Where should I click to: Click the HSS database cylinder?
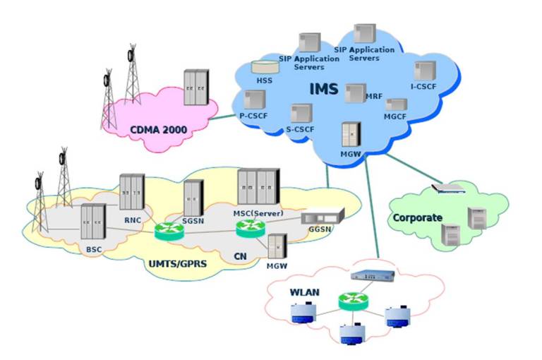(x=263, y=68)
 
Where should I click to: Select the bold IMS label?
(x=324, y=90)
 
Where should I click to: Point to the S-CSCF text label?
(x=301, y=129)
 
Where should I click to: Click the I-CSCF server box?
(x=425, y=70)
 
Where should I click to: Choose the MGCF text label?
(x=395, y=115)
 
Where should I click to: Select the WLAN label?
(x=303, y=291)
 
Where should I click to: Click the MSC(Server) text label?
(x=258, y=213)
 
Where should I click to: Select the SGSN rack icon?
(x=193, y=197)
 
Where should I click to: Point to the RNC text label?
(x=133, y=219)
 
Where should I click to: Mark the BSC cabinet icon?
(x=93, y=221)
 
